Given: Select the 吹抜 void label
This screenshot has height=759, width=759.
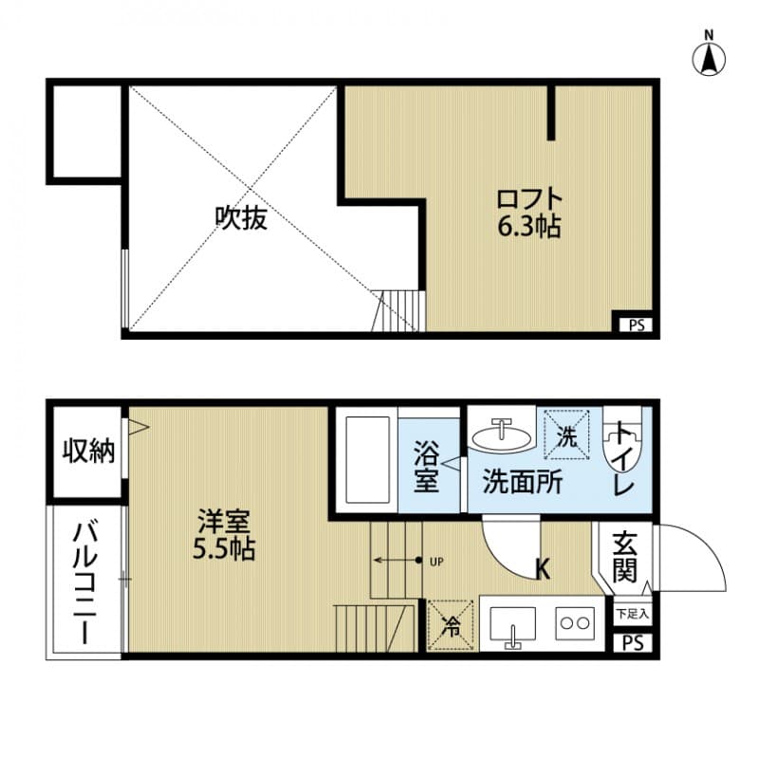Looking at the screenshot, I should pyautogui.click(x=241, y=218).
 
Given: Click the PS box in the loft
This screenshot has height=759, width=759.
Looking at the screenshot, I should pyautogui.click(x=634, y=324).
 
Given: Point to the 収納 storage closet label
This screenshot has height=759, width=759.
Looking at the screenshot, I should pyautogui.click(x=88, y=452).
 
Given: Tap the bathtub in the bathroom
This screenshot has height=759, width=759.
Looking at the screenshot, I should pyautogui.click(x=368, y=459).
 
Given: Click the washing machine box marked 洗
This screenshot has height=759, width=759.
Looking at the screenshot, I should pyautogui.click(x=565, y=434).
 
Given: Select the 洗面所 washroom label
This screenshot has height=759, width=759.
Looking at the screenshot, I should pyautogui.click(x=523, y=482).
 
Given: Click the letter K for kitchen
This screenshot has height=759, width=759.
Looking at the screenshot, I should pyautogui.click(x=544, y=569).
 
